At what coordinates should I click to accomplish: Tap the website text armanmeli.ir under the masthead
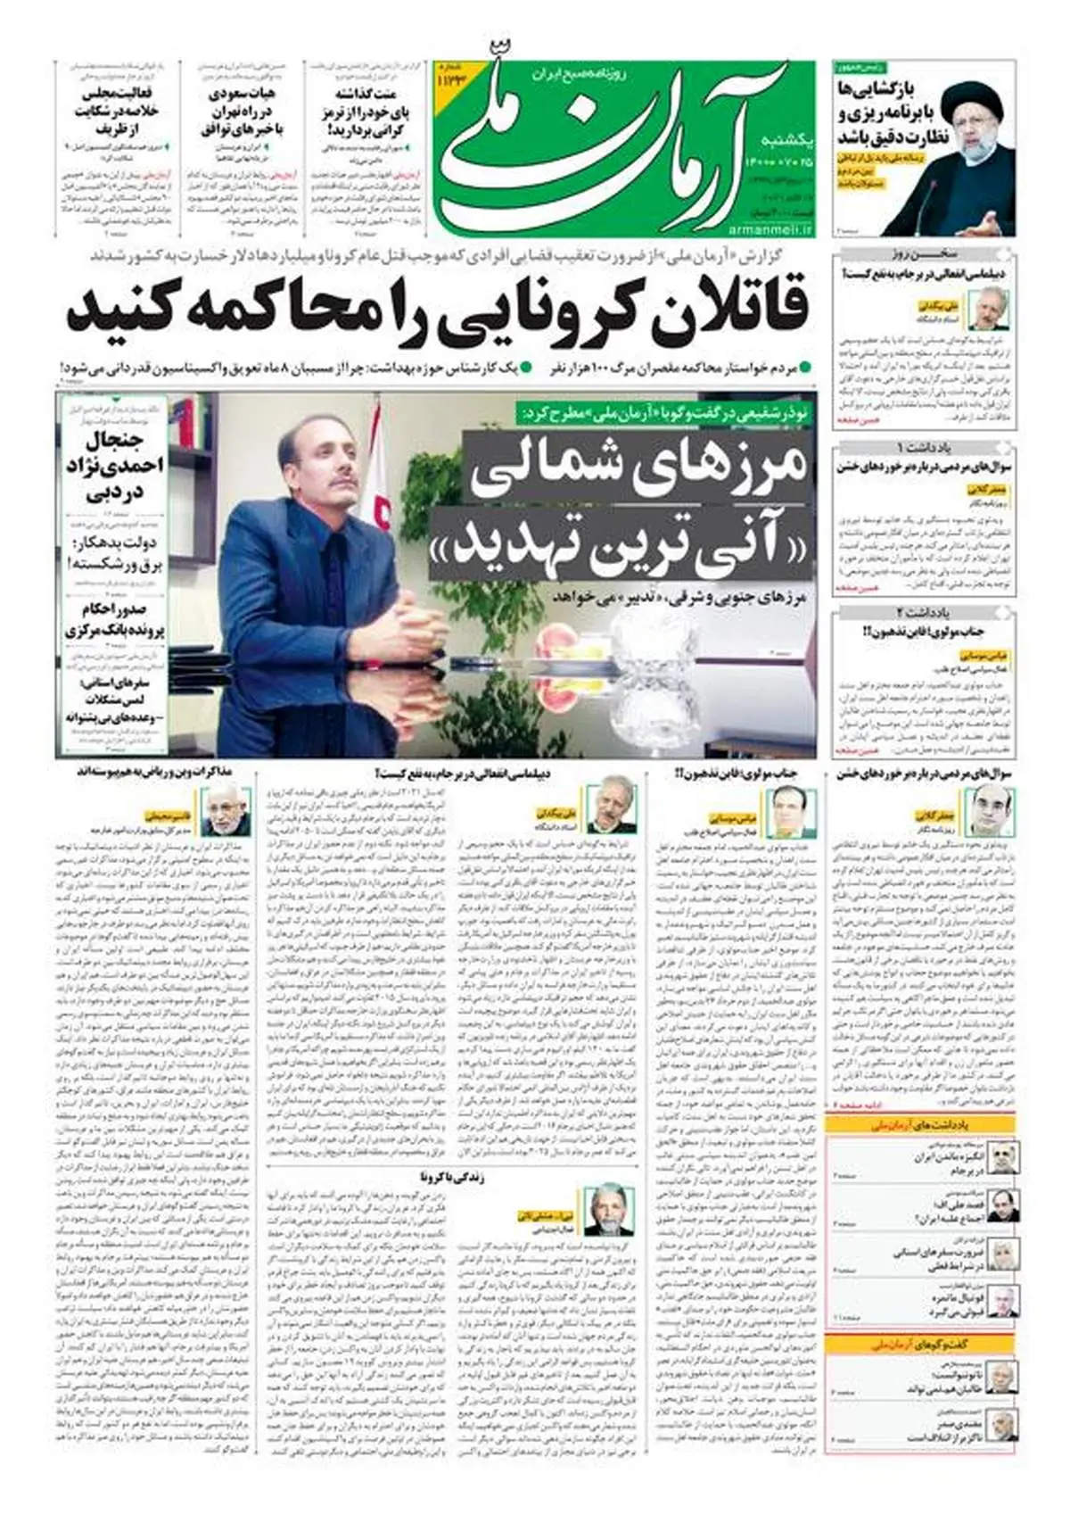tap(771, 229)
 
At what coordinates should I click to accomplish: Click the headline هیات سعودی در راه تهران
tap(242, 112)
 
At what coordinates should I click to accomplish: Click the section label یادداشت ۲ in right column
tap(924, 612)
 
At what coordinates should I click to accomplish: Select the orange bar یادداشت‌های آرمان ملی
tap(924, 1124)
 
